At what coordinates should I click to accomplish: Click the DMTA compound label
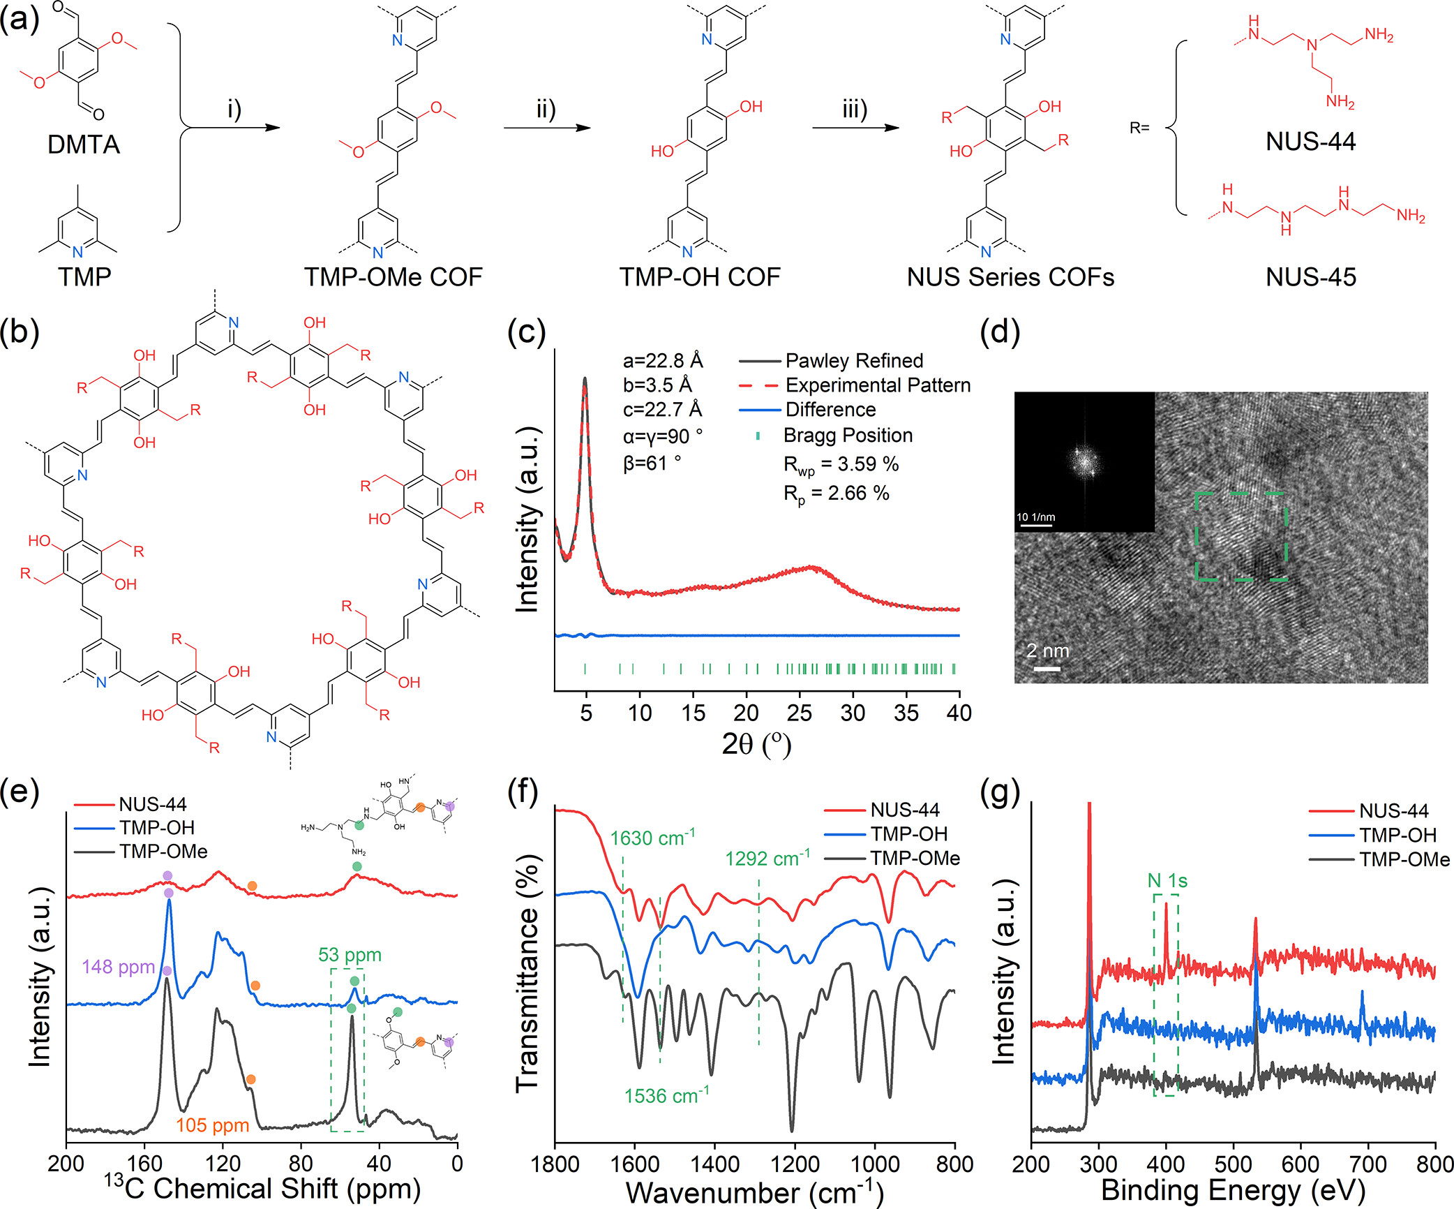pyautogui.click(x=83, y=144)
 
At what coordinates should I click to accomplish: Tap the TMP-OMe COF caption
pyautogui.click(x=393, y=277)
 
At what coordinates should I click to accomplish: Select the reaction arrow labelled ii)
pyautogui.click(x=546, y=127)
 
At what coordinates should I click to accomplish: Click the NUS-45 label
pyautogui.click(x=1310, y=277)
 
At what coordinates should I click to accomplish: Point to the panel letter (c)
pyautogui.click(x=527, y=332)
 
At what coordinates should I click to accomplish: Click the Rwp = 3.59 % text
pyautogui.click(x=841, y=465)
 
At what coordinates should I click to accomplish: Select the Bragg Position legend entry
pyautogui.click(x=848, y=436)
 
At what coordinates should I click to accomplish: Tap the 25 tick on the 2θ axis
pyautogui.click(x=799, y=713)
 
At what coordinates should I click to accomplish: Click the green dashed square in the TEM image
pyautogui.click(x=1241, y=536)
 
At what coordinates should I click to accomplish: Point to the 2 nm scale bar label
pyautogui.click(x=1047, y=651)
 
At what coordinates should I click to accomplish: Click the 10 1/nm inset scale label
pyautogui.click(x=1035, y=517)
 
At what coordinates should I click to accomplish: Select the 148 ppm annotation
pyautogui.click(x=118, y=967)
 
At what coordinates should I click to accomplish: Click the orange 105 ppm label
pyautogui.click(x=212, y=1125)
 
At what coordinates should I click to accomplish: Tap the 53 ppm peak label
pyautogui.click(x=350, y=955)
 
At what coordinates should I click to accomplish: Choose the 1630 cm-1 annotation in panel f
pyautogui.click(x=652, y=838)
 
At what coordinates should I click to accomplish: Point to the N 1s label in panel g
pyautogui.click(x=1167, y=882)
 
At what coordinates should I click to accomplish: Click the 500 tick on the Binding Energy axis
pyautogui.click(x=1233, y=1164)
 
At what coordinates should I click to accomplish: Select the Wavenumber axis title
pyautogui.click(x=754, y=1192)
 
